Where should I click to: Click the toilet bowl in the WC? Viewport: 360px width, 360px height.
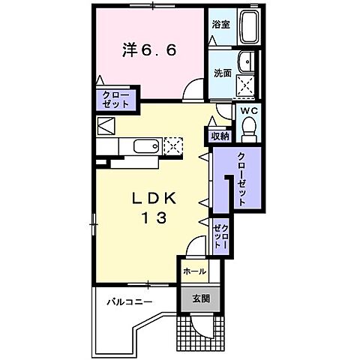click(x=249, y=131)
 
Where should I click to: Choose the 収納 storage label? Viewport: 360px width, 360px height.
click(x=219, y=136)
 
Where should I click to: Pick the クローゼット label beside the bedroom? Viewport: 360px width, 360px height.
click(x=116, y=100)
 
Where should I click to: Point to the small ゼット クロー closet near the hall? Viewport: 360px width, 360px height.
click(x=220, y=235)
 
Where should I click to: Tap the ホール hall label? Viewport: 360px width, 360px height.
click(x=195, y=271)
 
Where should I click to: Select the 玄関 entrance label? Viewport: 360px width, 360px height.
click(x=200, y=298)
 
